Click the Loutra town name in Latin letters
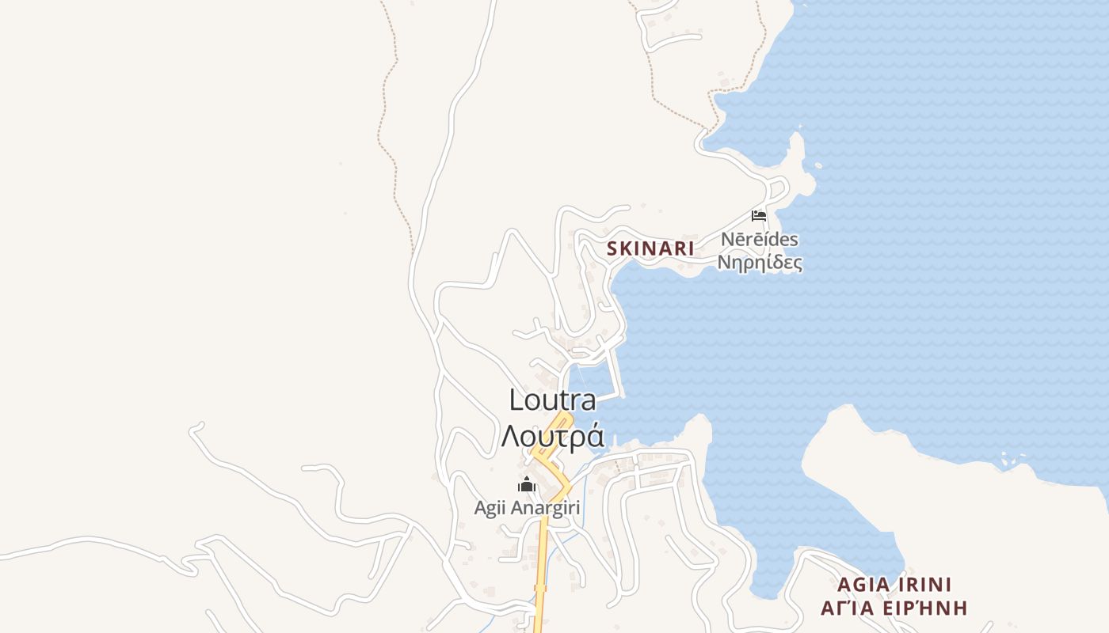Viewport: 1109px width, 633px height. (x=552, y=400)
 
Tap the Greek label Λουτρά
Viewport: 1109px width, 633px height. (x=552, y=436)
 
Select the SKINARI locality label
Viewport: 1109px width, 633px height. (x=650, y=248)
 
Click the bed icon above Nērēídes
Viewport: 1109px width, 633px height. (x=759, y=215)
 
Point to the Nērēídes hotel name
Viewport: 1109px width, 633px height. (x=760, y=239)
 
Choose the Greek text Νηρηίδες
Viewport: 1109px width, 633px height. (x=760, y=262)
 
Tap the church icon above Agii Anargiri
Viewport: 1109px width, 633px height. (x=527, y=485)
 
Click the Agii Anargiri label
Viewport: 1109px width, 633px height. (x=527, y=508)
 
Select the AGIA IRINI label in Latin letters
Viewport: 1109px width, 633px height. (x=894, y=585)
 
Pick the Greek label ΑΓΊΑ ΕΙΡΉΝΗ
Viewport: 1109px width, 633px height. (x=894, y=608)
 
